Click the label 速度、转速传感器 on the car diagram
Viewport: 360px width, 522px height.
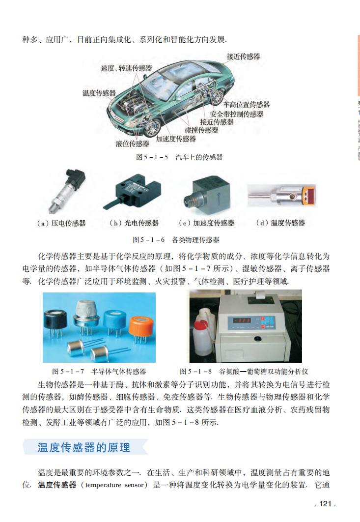[126, 68]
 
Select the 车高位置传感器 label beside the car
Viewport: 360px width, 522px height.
[246, 105]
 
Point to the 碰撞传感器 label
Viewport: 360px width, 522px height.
[201, 130]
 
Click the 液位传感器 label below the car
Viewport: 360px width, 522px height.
[133, 144]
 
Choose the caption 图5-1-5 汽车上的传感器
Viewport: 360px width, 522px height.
[179, 157]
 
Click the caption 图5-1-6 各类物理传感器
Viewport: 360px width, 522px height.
[176, 240]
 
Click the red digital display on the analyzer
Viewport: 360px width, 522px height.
[242, 320]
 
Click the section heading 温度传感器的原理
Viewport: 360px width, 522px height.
[84, 447]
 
